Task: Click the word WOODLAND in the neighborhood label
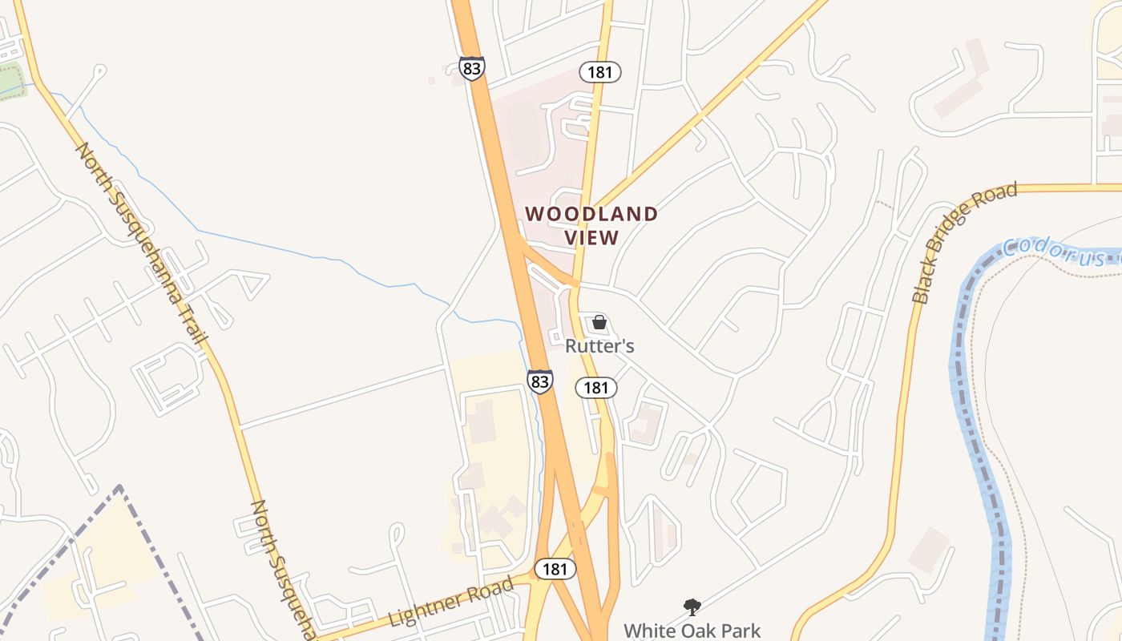591,214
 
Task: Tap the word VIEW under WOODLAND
591,238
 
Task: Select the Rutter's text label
599,346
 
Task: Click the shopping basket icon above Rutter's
599,323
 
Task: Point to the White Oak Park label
692,631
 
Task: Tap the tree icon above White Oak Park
692,607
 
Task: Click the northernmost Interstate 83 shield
472,68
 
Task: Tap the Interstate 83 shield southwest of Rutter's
540,381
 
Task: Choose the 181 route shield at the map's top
599,72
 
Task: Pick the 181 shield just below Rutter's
595,388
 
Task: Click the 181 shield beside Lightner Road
554,569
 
